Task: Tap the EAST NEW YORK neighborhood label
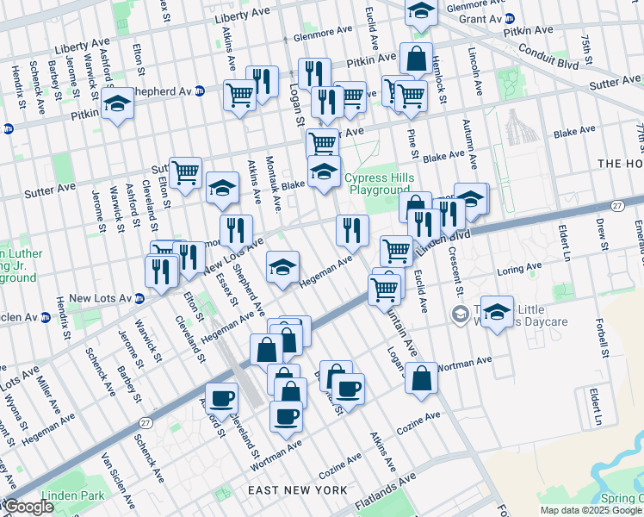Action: [297, 490]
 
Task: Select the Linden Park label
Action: [77, 495]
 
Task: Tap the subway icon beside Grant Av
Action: [511, 17]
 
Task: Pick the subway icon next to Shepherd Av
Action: [199, 90]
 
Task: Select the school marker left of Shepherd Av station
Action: [117, 106]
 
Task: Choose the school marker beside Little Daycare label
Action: [497, 315]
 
